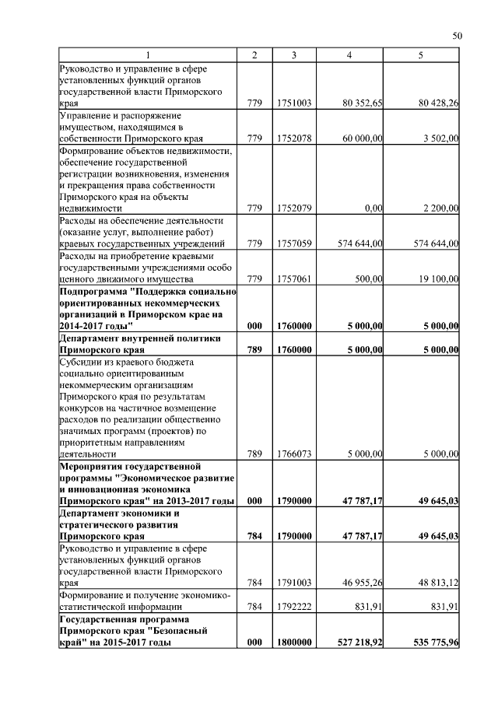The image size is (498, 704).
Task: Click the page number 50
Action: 458,35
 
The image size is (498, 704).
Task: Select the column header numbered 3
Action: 294,54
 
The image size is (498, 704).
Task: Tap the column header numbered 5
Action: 421,54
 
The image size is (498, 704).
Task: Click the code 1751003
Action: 294,103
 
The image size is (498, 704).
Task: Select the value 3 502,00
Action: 442,138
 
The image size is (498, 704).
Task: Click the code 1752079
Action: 294,208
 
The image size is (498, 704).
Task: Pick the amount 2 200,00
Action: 440,208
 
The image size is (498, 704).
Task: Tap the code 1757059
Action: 294,243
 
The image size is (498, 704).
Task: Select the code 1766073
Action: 294,454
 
